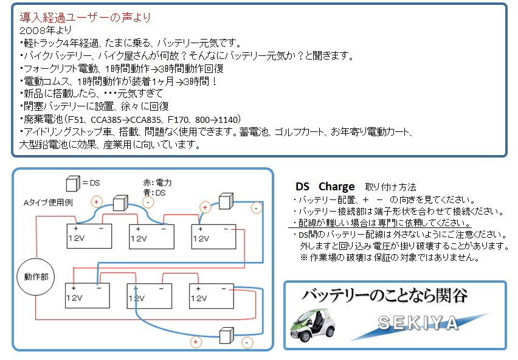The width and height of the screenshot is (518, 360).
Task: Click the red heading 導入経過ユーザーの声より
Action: (85, 17)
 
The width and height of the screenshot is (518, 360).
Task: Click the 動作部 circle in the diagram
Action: (36, 277)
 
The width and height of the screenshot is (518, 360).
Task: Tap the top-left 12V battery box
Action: (89, 236)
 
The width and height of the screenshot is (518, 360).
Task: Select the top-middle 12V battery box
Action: (151, 237)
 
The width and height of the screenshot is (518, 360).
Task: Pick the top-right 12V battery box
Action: (214, 237)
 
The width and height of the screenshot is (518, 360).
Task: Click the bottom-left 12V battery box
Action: (87, 296)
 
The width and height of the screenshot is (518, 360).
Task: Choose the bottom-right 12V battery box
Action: (212, 296)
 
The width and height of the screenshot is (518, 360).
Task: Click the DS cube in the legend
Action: (73, 184)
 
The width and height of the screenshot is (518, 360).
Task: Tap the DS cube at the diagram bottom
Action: (227, 336)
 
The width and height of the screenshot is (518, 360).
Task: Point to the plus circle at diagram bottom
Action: (196, 342)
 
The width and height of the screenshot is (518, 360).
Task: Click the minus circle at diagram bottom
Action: (247, 342)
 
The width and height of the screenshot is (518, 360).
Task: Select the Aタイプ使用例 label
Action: (48, 202)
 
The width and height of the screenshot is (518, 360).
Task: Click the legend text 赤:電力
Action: (157, 182)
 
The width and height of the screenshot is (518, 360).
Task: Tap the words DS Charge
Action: (325, 187)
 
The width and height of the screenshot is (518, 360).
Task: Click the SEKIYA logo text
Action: (418, 323)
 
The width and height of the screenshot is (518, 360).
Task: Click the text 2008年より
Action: (46, 30)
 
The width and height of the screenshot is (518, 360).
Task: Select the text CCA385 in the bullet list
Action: (106, 120)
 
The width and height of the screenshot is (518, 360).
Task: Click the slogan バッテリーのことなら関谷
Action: (384, 296)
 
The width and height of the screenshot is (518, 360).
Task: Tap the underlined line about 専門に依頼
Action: (382, 223)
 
